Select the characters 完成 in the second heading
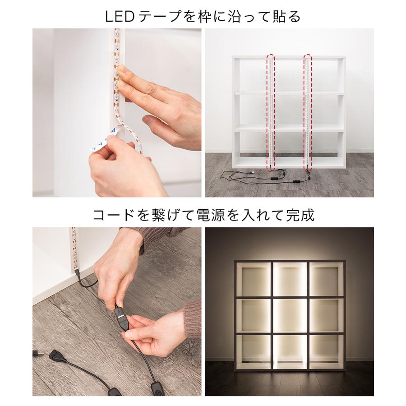coord(300,215)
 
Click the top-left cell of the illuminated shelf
coord(253,280)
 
